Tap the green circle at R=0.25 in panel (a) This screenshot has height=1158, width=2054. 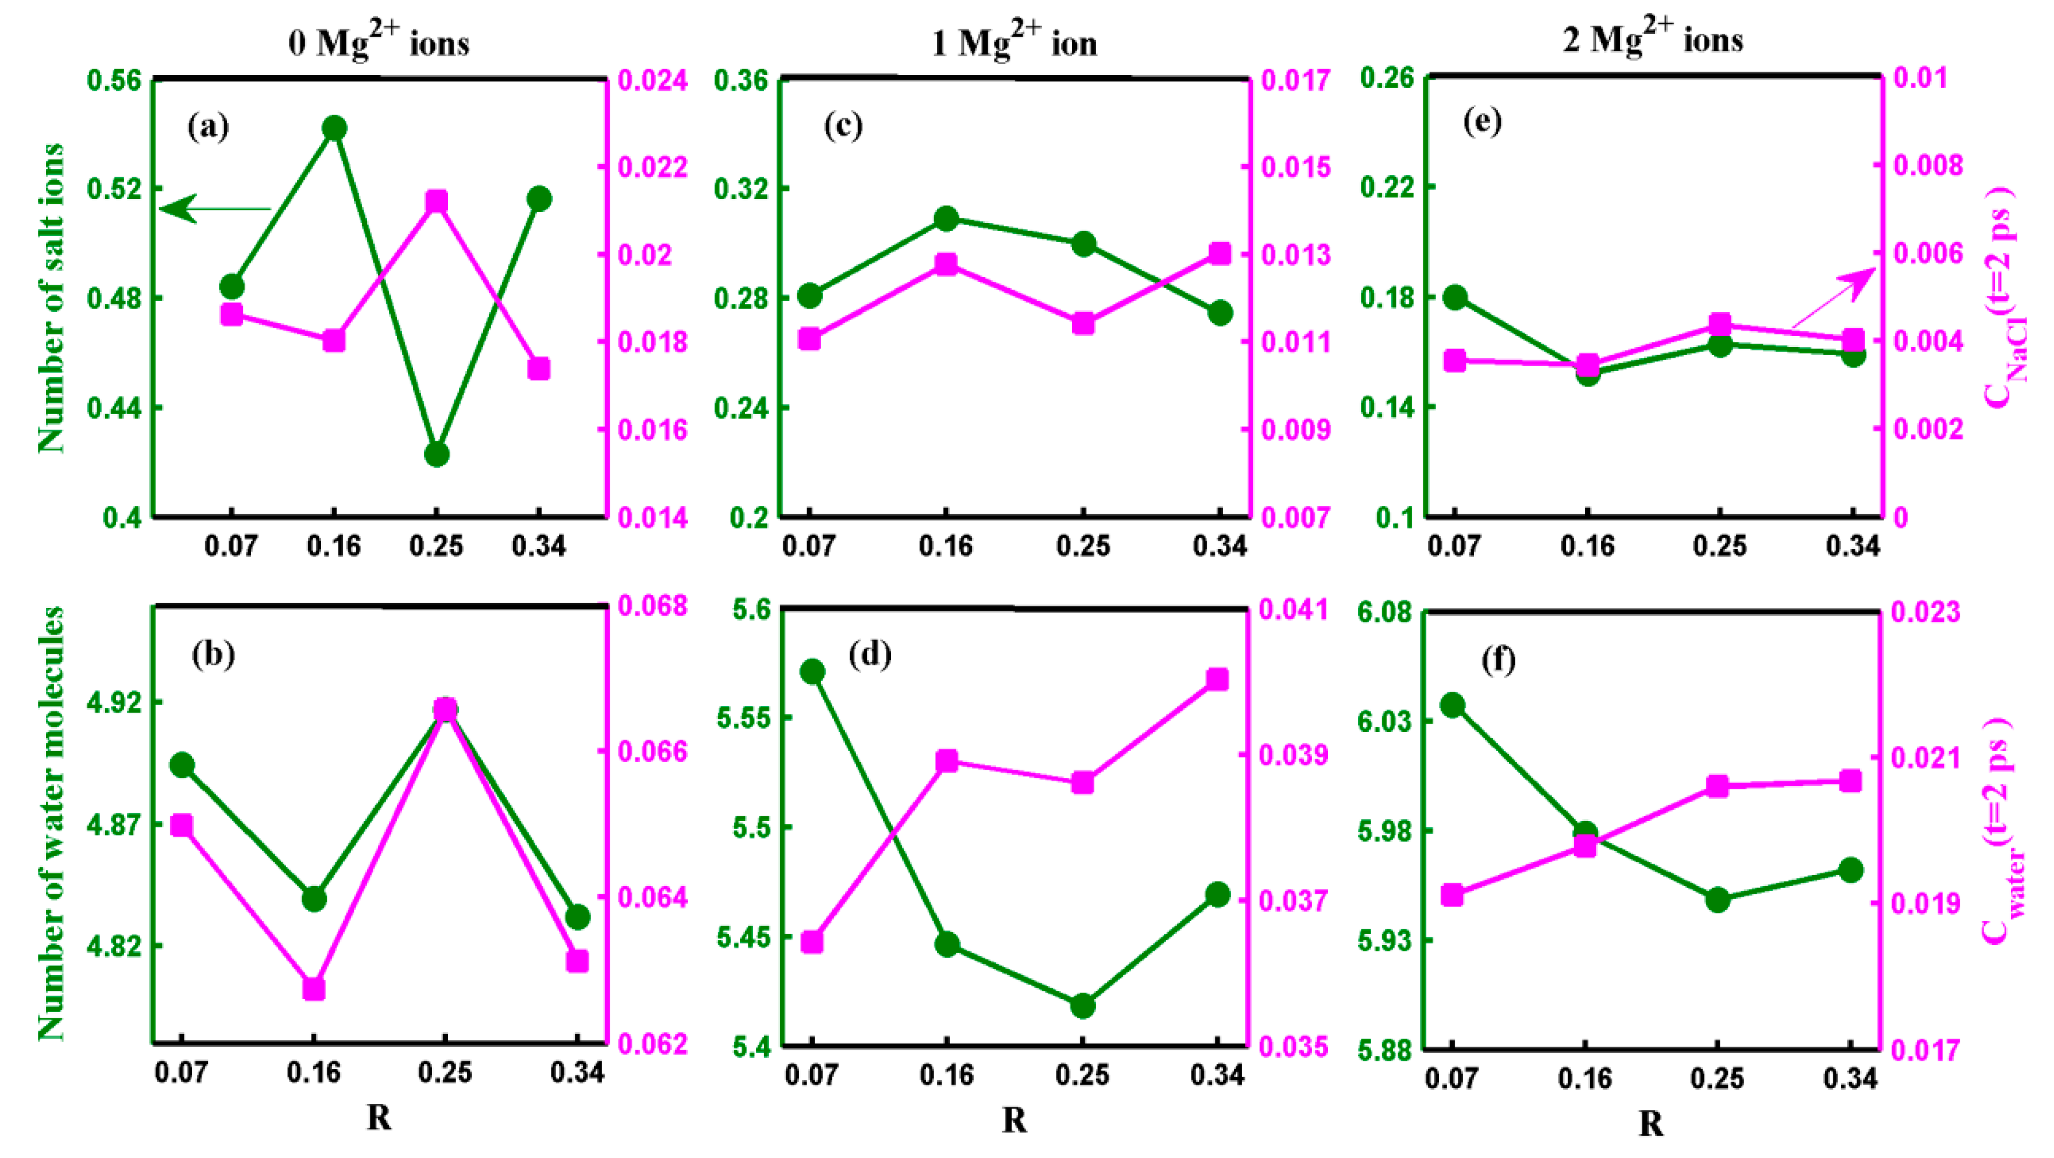tap(436, 454)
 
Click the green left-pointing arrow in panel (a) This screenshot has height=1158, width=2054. tap(215, 209)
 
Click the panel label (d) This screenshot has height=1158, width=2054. tap(870, 654)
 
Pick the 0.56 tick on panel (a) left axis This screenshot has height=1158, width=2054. tap(112, 80)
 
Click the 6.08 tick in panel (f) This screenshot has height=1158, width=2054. tap(1384, 613)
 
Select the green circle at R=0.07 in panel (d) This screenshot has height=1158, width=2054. tap(812, 672)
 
